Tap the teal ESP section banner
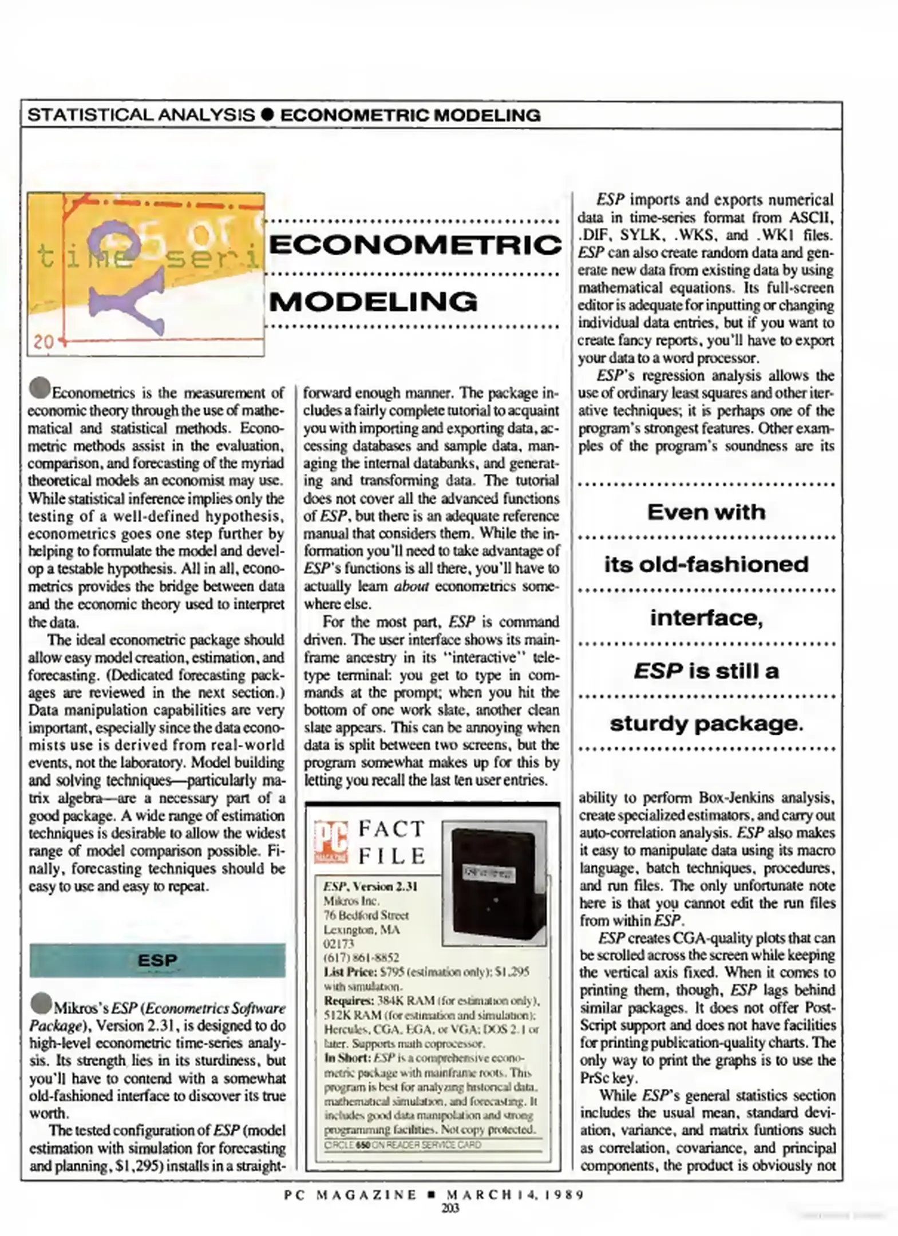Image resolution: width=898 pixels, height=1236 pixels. pos(157,960)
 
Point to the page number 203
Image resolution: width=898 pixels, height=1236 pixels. pos(450,1208)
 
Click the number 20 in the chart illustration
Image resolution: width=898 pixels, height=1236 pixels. pos(43,342)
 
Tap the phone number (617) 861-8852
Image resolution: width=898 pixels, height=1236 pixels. pos(361,957)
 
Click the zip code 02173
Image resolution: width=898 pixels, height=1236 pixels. pos(339,943)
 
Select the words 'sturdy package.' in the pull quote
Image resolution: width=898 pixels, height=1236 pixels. pos(706,724)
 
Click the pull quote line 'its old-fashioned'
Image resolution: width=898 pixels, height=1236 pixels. pos(706,565)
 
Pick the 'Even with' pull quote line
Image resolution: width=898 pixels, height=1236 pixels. pos(706,512)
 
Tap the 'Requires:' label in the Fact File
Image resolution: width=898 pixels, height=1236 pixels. pos(349,1001)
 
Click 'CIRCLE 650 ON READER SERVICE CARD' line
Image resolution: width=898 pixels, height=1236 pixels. pos(402,1145)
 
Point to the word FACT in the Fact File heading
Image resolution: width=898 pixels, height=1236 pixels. pos(391,829)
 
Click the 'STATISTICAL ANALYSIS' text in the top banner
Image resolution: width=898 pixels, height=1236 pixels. pos(141,115)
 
